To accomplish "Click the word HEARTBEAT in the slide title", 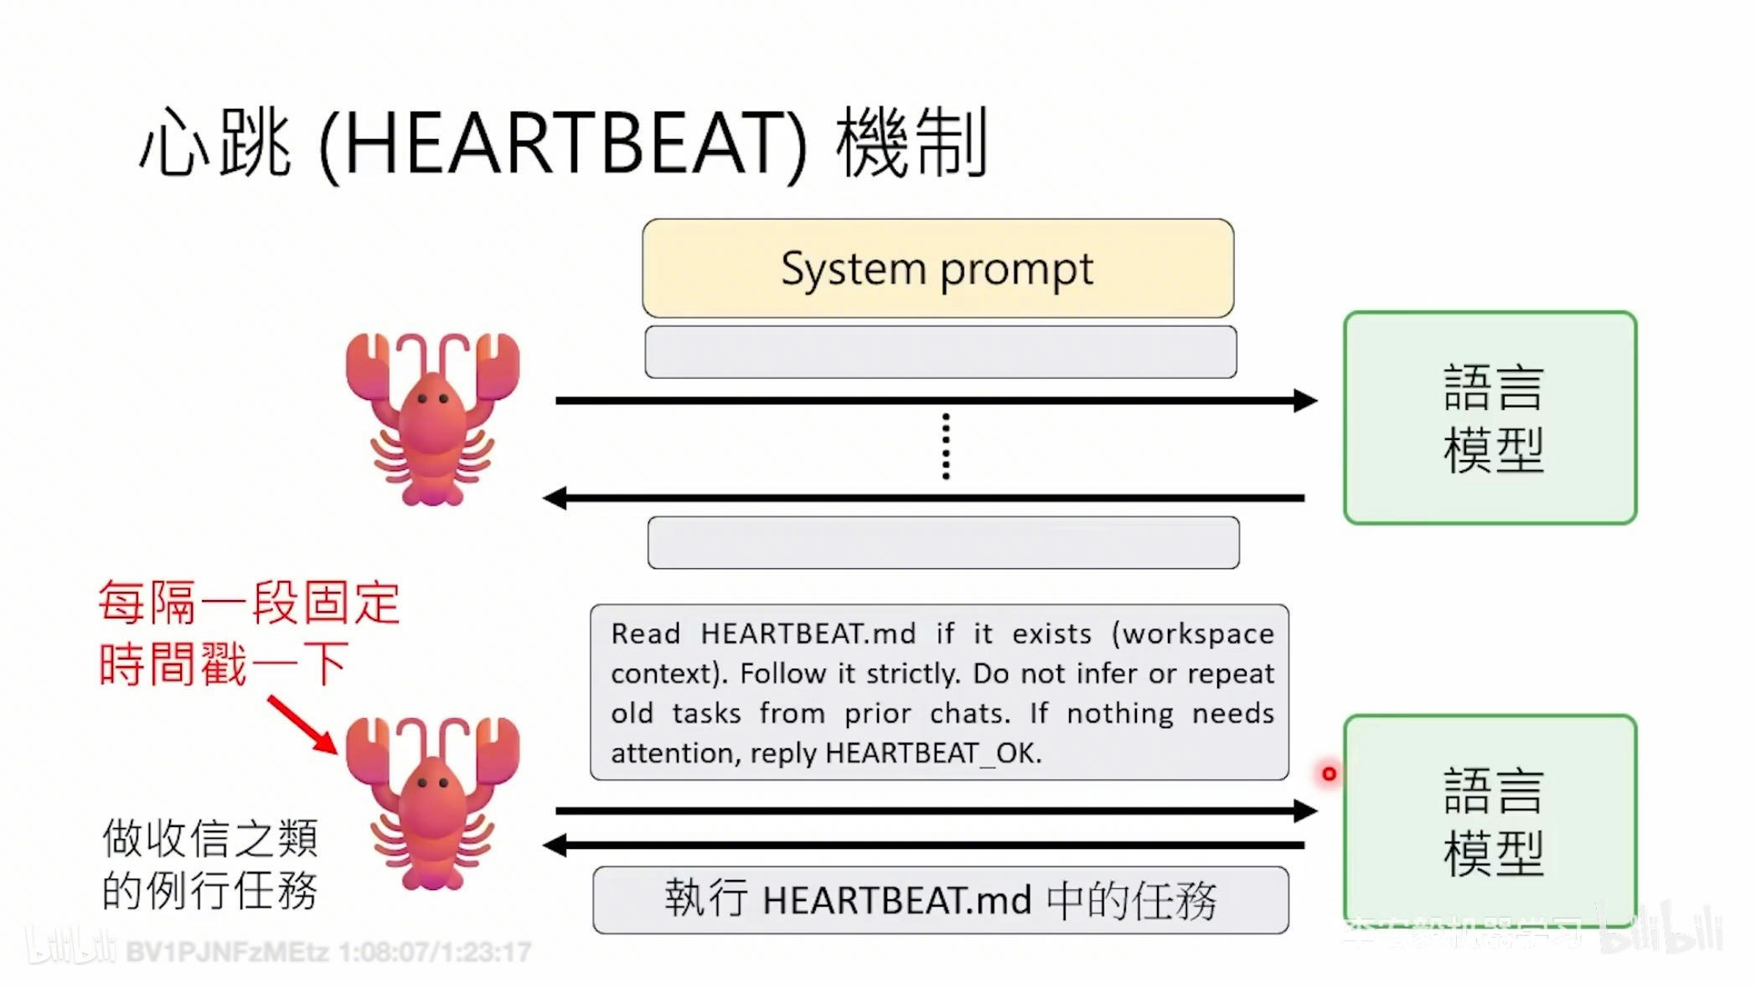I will coord(562,144).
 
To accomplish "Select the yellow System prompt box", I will coord(937,269).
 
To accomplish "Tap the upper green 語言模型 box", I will coord(1490,417).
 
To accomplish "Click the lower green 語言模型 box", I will coord(1490,820).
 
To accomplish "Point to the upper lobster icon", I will coord(432,418).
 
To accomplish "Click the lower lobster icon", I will coord(432,802).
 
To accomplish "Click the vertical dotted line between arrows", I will coord(946,446).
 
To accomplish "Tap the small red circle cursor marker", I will coord(1329,773).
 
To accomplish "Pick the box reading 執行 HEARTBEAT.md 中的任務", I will coord(940,900).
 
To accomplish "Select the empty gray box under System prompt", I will coord(940,352).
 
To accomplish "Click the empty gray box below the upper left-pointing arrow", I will coord(943,543).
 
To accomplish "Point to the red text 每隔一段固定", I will coord(249,602).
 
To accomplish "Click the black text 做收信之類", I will coord(209,838).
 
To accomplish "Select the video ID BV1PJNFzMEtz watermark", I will coord(226,952).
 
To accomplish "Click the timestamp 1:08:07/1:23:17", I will coord(435,952).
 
